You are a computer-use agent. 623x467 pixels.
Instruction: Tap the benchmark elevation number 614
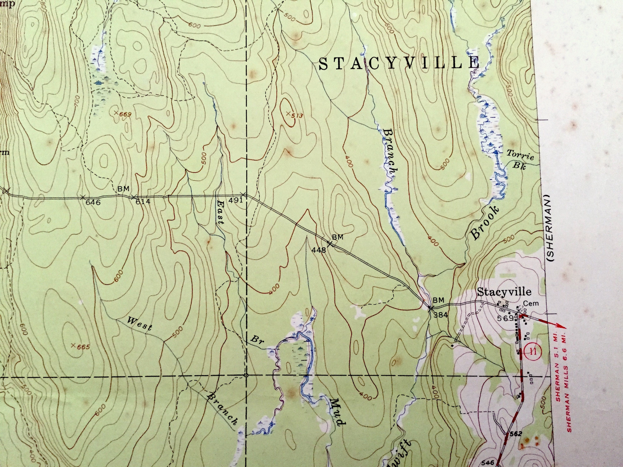tap(143, 202)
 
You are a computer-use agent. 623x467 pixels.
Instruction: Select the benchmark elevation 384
tap(440, 315)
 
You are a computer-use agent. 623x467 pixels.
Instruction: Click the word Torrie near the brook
tap(520, 155)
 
